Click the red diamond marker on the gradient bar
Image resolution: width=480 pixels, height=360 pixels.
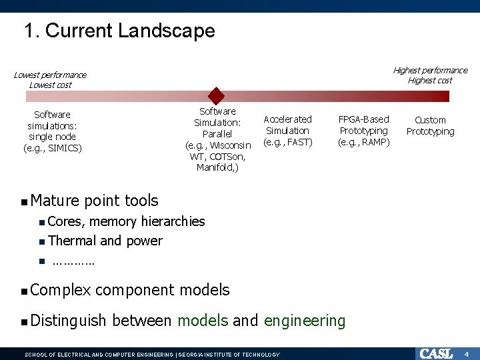(215, 95)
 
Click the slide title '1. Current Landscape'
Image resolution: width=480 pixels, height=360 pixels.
(119, 31)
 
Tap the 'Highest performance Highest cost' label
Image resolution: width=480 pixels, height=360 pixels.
(429, 75)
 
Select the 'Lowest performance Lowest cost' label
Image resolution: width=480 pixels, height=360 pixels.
(50, 80)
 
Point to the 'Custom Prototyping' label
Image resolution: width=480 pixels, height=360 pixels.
(430, 126)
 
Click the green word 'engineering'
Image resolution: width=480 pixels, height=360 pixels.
(305, 321)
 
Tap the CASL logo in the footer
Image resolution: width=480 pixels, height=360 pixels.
(435, 353)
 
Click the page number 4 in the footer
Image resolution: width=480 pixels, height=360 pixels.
(467, 353)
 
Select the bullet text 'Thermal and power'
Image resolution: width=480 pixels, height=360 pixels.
(105, 241)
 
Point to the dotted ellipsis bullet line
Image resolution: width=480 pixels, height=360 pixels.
(73, 261)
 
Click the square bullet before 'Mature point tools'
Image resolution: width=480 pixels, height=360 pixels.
(24, 201)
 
